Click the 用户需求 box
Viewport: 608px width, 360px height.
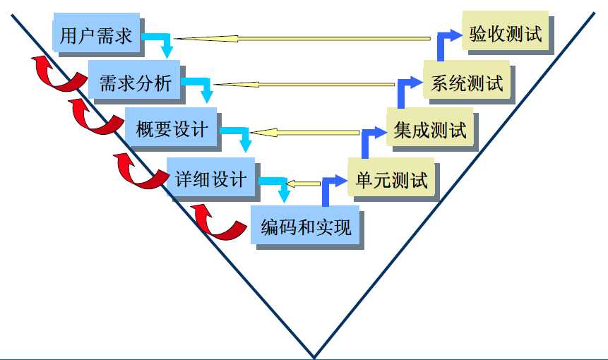tap(96, 35)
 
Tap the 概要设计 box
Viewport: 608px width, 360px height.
tap(172, 129)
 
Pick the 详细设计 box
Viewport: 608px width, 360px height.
tap(210, 179)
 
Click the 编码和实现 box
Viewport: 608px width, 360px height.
tap(305, 227)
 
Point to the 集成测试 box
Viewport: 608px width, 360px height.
tap(430, 131)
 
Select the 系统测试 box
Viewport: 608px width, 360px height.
tap(466, 83)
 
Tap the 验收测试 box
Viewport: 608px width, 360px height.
tap(506, 33)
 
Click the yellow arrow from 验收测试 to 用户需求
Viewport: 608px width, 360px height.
tap(304, 38)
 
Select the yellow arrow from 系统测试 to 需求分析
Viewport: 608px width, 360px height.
tap(304, 85)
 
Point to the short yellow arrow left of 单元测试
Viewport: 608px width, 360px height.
tap(303, 184)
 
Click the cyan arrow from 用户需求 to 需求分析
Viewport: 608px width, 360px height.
tap(161, 42)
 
